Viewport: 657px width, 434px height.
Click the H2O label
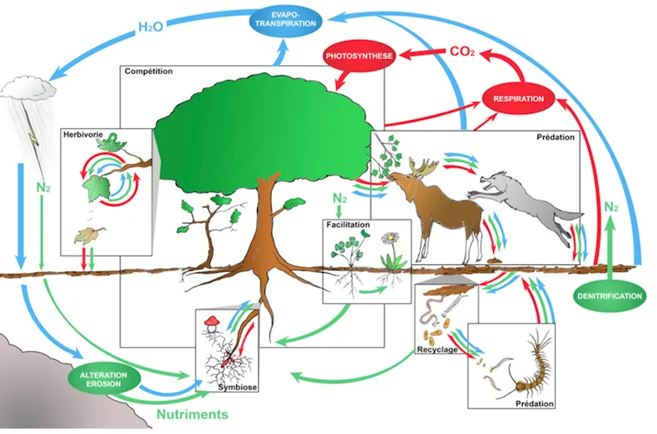point(154,26)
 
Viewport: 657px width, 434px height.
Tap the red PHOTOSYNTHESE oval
point(359,57)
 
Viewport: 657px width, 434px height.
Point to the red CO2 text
point(461,51)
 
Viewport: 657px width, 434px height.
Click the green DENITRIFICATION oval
point(609,296)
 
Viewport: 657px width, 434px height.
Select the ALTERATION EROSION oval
point(104,379)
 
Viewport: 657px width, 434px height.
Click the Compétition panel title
point(149,71)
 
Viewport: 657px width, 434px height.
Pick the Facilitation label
point(349,224)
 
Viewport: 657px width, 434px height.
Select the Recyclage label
point(437,349)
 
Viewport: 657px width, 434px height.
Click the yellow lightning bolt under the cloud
point(32,137)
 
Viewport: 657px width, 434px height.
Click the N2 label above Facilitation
point(343,199)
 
